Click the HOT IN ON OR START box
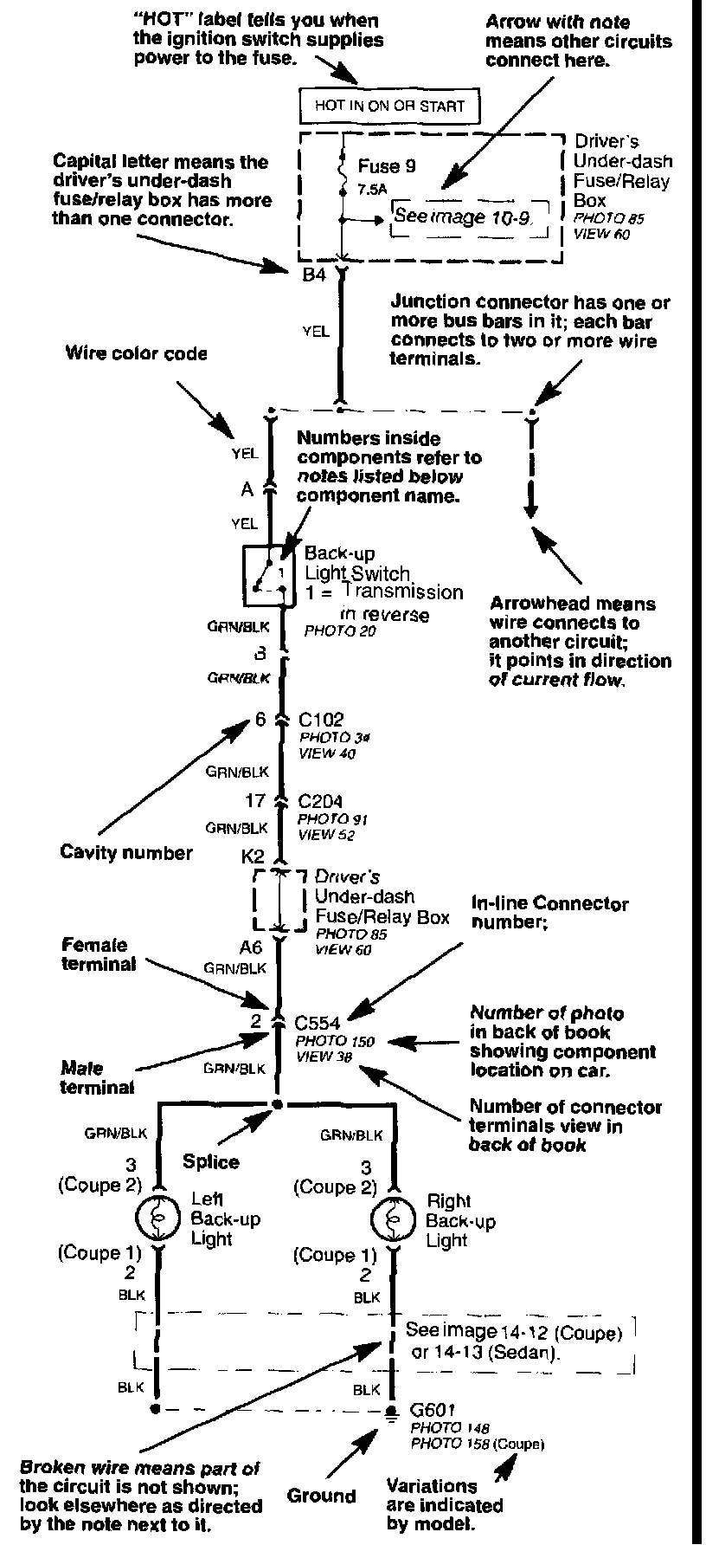pyautogui.click(x=389, y=107)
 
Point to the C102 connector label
pyautogui.click(x=321, y=720)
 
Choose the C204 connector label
pyautogui.click(x=319, y=802)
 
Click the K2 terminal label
pyautogui.click(x=253, y=856)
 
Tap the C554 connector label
pyautogui.click(x=318, y=1023)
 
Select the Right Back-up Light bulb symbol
pyautogui.click(x=393, y=1220)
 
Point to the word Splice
pyautogui.click(x=211, y=1161)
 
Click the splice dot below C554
pyautogui.click(x=277, y=1104)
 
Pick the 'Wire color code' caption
pyautogui.click(x=137, y=353)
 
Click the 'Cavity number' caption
pyautogui.click(x=126, y=853)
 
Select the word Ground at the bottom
pyautogui.click(x=321, y=1496)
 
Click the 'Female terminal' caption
pyautogui.click(x=94, y=954)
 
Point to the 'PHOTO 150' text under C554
pyautogui.click(x=335, y=1041)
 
